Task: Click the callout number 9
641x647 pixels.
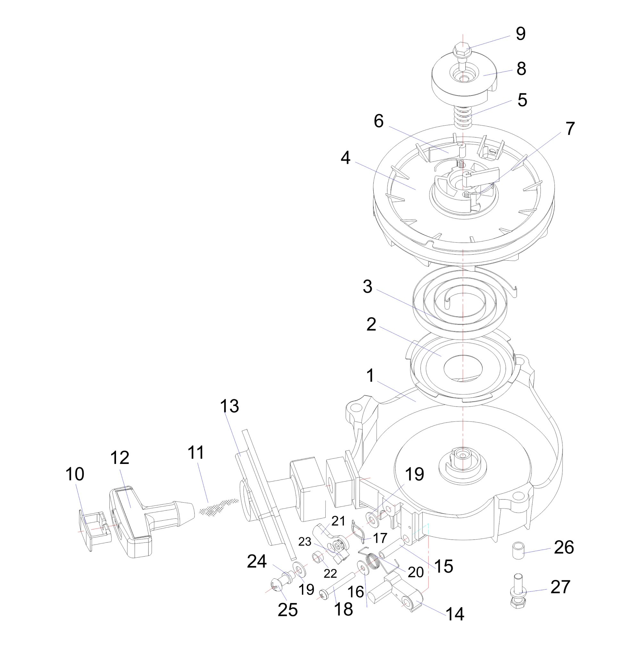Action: click(x=520, y=34)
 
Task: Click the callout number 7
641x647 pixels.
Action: click(x=570, y=129)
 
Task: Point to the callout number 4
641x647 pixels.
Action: click(x=345, y=157)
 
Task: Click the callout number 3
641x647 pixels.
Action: click(x=368, y=287)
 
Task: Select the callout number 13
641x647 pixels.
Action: click(x=229, y=406)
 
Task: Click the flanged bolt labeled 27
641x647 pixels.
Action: click(x=519, y=593)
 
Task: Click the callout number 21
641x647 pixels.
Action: click(x=338, y=521)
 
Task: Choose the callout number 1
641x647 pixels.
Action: click(x=370, y=375)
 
